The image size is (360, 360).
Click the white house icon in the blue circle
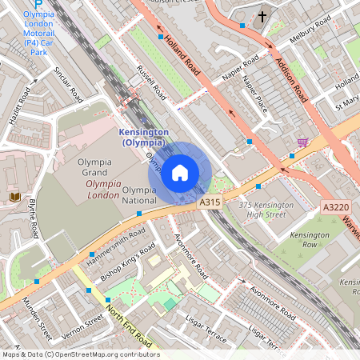coord(180,172)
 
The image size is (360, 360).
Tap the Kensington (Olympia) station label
coord(143,137)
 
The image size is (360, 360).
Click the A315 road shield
coord(210,204)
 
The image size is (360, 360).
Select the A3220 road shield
coord(334,207)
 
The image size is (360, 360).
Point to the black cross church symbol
coord(262,16)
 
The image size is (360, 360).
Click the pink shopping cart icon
coord(302,142)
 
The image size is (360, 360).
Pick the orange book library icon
coord(14,197)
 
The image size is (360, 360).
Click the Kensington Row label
coord(309,240)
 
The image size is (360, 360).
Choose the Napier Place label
coord(254,94)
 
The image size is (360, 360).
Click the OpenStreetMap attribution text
coord(80,354)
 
